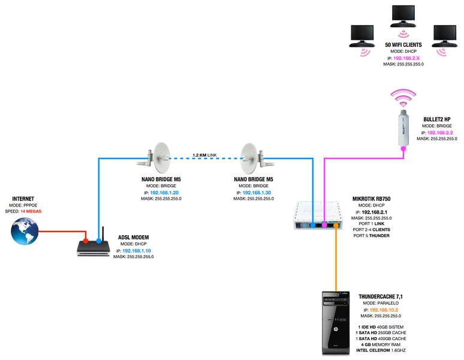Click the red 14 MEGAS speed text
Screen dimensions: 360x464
31,212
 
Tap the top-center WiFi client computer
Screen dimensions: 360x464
403,18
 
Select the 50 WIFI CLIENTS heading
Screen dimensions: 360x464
403,45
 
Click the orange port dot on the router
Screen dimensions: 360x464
336,226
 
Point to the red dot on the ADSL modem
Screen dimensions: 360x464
86,241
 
